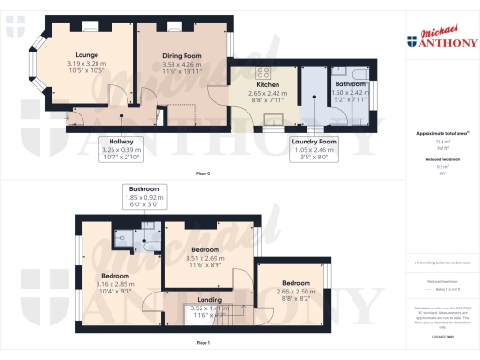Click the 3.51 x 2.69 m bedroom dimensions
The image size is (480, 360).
(203, 260)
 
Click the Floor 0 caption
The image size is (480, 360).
(203, 173)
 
